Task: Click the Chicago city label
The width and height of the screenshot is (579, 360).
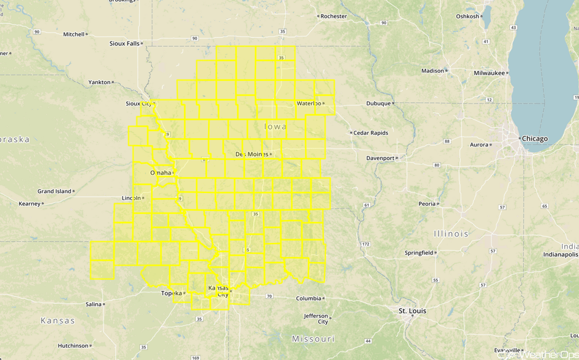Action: (534, 139)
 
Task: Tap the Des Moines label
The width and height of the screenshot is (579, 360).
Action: (252, 154)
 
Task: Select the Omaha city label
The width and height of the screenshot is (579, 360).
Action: (160, 173)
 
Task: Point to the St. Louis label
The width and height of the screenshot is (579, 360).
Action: (412, 311)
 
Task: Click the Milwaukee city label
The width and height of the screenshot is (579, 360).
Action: (489, 73)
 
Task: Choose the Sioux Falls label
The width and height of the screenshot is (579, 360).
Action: (124, 44)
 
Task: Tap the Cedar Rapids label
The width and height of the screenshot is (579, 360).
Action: (371, 133)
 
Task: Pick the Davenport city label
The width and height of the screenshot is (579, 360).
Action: (380, 158)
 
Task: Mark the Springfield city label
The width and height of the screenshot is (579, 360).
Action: (419, 253)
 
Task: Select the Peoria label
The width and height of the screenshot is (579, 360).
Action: (427, 203)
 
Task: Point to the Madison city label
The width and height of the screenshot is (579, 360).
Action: (432, 71)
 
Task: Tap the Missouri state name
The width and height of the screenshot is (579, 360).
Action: (313, 339)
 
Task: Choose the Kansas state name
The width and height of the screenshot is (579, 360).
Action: (57, 321)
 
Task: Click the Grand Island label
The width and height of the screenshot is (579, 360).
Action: (54, 191)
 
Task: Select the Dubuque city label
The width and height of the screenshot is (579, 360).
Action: (378, 104)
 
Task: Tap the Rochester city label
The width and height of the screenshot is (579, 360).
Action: (334, 16)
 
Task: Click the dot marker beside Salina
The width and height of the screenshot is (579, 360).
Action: (104, 305)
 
